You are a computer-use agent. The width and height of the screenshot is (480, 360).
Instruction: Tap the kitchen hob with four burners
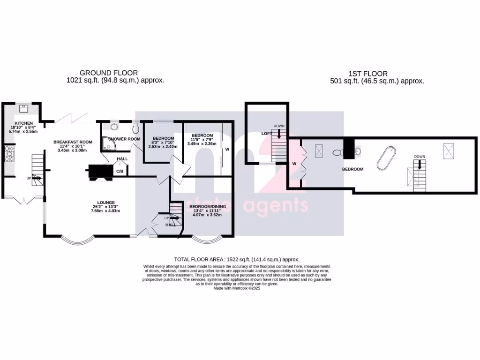pyautogui.click(x=9, y=154)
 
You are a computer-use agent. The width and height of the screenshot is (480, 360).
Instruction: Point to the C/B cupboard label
pyautogui.click(x=120, y=172)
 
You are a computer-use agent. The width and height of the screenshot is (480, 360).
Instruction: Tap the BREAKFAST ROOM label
pyautogui.click(x=73, y=142)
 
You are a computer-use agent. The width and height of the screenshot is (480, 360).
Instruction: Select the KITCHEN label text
pyautogui.click(x=23, y=123)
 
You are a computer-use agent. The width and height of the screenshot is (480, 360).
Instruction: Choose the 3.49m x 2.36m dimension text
pyautogui.click(x=202, y=143)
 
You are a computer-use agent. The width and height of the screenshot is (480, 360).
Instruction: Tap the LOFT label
pyautogui.click(x=266, y=134)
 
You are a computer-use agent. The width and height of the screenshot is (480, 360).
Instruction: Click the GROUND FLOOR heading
pyautogui.click(x=109, y=73)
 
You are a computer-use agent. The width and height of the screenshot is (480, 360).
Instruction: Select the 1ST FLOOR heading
pyautogui.click(x=368, y=73)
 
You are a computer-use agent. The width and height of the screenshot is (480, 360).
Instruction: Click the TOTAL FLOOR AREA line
pyautogui.click(x=236, y=259)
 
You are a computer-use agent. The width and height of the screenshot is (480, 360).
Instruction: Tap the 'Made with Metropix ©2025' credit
pyautogui.click(x=237, y=288)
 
